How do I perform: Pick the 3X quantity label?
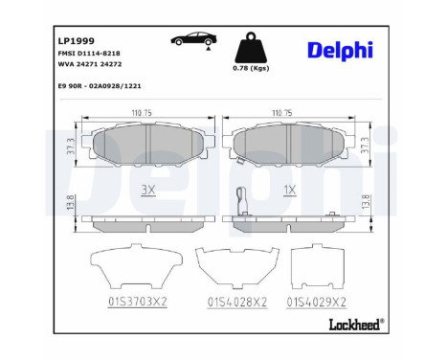[x=147, y=190]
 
